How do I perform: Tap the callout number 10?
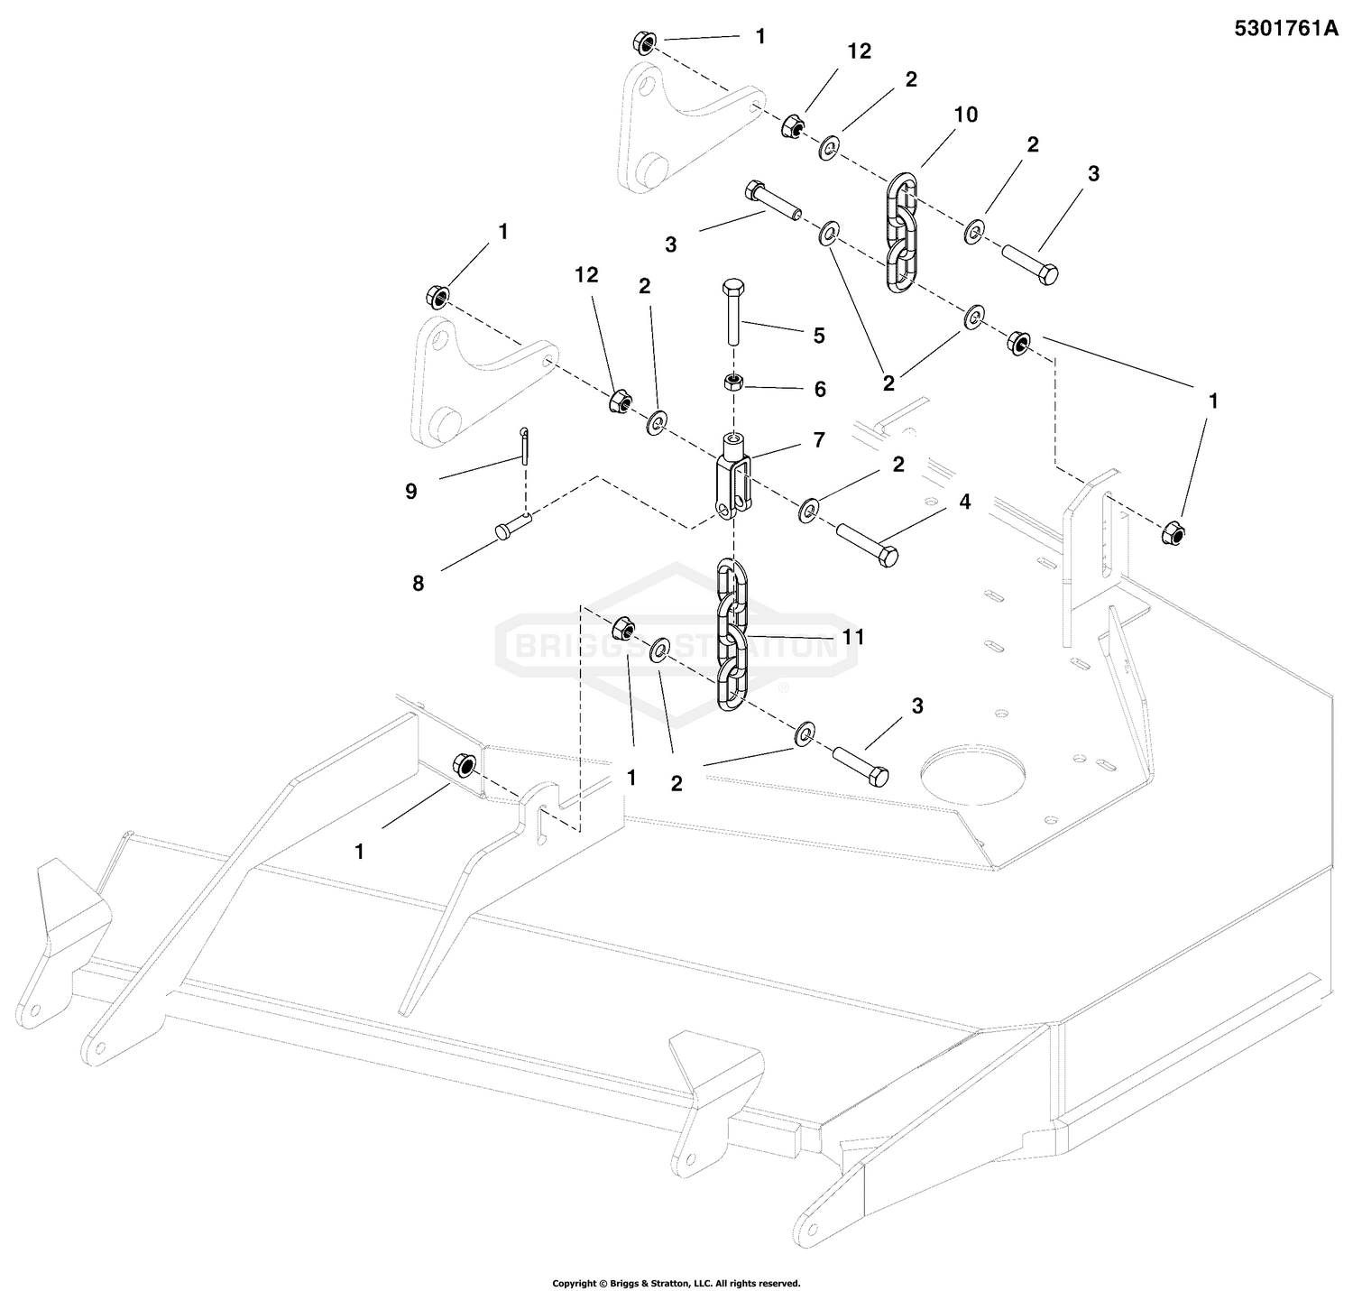pyautogui.click(x=965, y=115)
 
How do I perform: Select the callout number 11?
pyautogui.click(x=853, y=637)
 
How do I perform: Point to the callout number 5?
pyautogui.click(x=819, y=336)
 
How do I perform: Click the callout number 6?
pyautogui.click(x=819, y=389)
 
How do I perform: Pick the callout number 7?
pyautogui.click(x=818, y=440)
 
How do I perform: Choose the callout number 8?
pyautogui.click(x=418, y=584)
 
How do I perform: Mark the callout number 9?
pyautogui.click(x=411, y=492)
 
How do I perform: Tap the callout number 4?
pyautogui.click(x=965, y=502)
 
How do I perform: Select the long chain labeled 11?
pyautogui.click(x=732, y=636)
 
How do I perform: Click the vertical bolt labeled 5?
pyautogui.click(x=732, y=311)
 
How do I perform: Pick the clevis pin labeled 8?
pyautogui.click(x=512, y=526)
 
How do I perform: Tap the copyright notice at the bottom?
pyautogui.click(x=676, y=1282)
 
